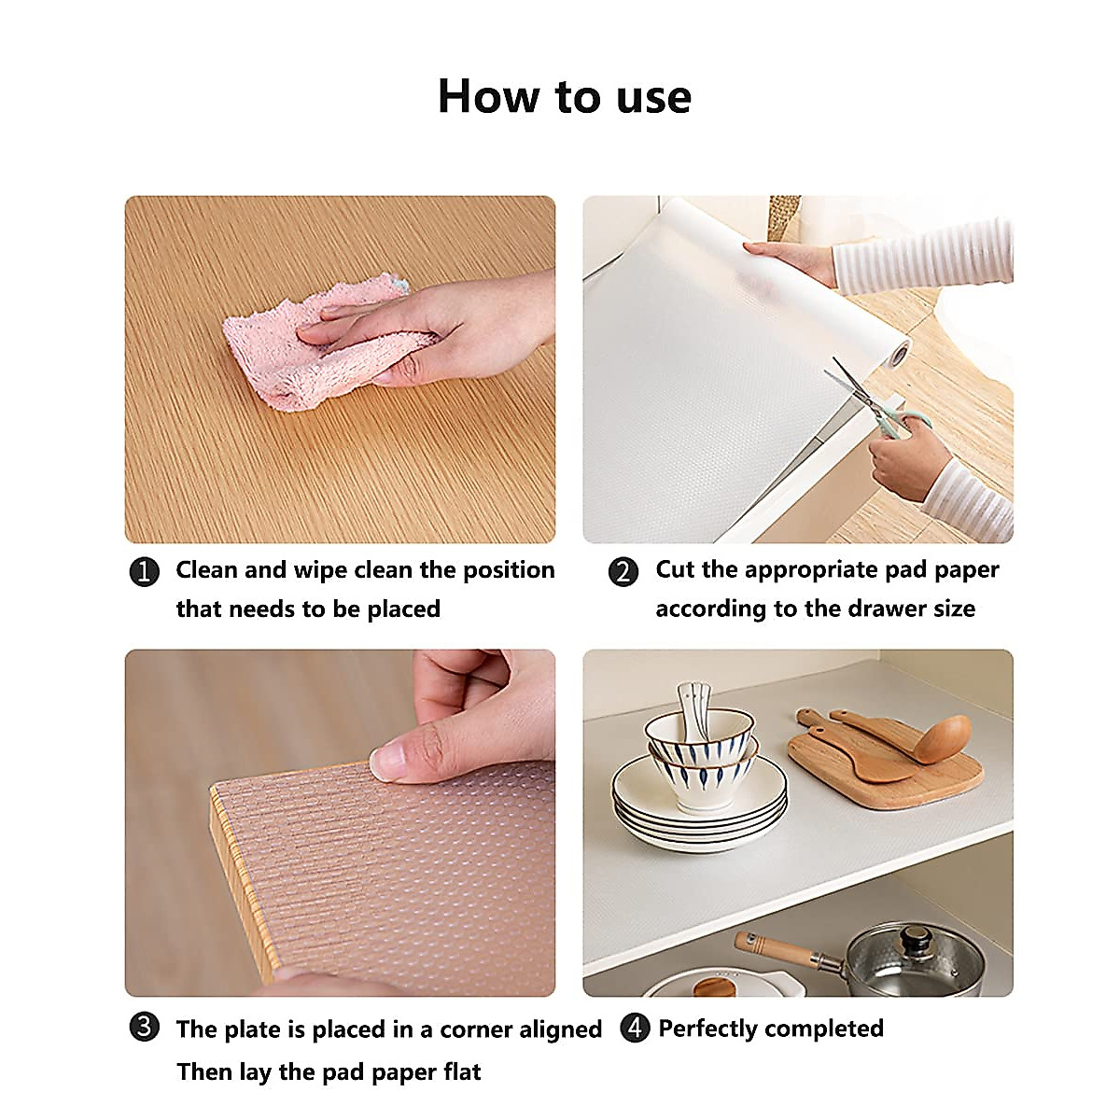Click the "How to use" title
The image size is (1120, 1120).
[x=564, y=96]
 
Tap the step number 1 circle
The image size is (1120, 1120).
[x=144, y=571]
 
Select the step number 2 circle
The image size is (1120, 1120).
[x=623, y=571]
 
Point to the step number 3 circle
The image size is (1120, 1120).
[x=144, y=1029]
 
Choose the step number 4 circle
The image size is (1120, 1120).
[x=635, y=1029]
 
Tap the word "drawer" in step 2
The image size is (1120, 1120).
[x=863, y=609]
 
